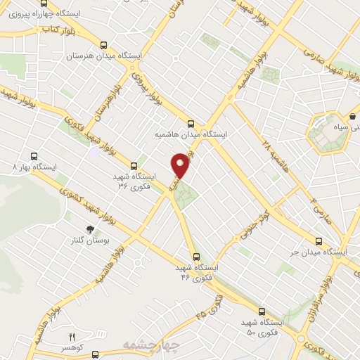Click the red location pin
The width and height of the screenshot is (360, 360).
click(x=181, y=165)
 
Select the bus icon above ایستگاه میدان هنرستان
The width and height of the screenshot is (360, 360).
click(x=104, y=44)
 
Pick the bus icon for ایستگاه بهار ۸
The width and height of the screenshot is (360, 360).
click(x=32, y=157)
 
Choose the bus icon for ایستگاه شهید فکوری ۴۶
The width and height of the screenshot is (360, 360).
click(x=196, y=257)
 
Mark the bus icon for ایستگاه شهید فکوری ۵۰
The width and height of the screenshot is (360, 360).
click(x=262, y=311)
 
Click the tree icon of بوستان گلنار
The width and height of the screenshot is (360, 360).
click(x=89, y=229)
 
